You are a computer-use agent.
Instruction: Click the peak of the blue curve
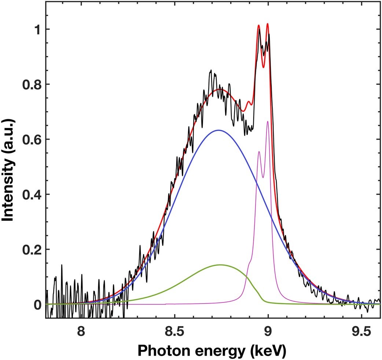pyautogui.click(x=218, y=130)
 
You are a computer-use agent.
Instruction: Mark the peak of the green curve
pyautogui.click(x=221, y=265)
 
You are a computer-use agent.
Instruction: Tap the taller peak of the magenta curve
pyautogui.click(x=268, y=121)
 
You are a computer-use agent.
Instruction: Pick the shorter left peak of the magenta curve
pyautogui.click(x=259, y=151)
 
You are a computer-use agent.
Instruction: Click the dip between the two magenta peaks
pyautogui.click(x=263, y=178)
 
